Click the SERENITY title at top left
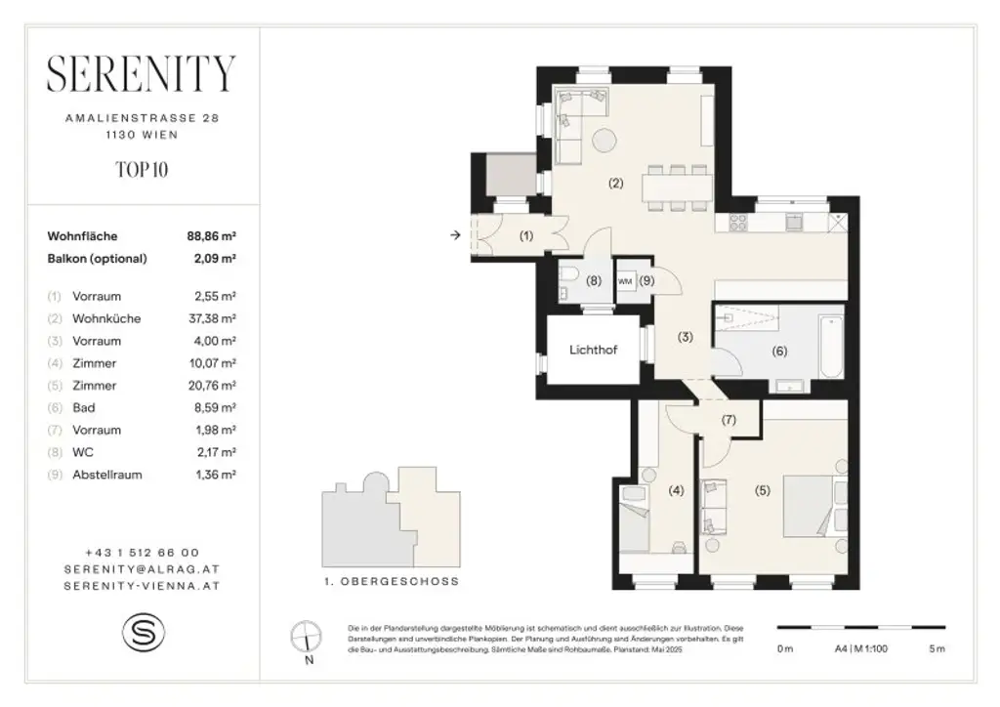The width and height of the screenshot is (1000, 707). click(142, 73)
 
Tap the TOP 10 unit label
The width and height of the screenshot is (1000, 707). click(142, 169)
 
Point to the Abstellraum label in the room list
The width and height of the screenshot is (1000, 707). click(107, 476)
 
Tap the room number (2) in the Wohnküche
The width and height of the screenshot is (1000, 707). click(615, 183)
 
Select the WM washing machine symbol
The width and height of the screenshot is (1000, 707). click(624, 280)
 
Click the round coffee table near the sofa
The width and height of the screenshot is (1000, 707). click(603, 142)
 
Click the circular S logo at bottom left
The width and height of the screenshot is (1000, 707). click(143, 632)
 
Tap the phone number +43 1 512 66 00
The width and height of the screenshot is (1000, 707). click(143, 553)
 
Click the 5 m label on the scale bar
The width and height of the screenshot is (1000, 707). click(937, 649)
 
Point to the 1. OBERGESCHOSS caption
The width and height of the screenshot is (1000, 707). click(390, 581)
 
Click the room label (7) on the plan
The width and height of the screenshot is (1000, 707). click(728, 421)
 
